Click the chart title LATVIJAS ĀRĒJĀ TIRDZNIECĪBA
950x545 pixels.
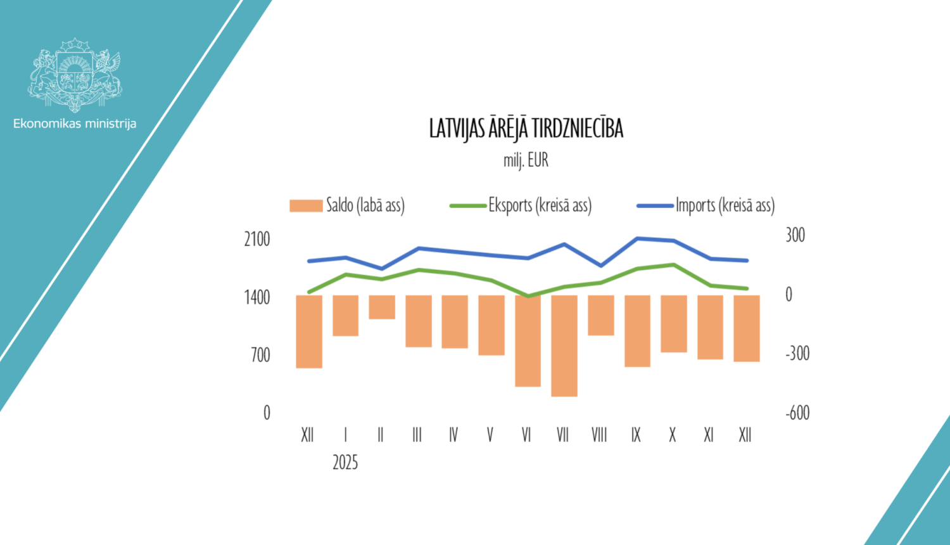tap(526, 129)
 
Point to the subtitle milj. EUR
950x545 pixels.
tap(526, 160)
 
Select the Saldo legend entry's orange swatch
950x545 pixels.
tap(306, 206)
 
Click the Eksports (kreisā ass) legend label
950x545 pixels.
tap(540, 205)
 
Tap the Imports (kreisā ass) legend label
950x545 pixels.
tap(725, 205)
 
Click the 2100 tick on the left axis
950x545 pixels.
tap(257, 240)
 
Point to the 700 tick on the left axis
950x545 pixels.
tap(260, 355)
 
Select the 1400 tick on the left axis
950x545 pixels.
tap(257, 297)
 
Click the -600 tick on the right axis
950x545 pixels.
tap(797, 413)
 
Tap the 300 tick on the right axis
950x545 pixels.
tap(795, 235)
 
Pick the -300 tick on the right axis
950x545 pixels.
tap(797, 354)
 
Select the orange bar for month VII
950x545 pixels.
tap(564, 345)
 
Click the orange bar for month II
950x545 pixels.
tap(382, 307)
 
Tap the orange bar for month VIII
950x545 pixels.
tap(600, 315)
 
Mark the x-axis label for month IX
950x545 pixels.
tap(636, 435)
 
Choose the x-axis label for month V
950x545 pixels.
tap(490, 435)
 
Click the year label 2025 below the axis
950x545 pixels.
tap(345, 463)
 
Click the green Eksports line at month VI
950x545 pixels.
tap(528, 296)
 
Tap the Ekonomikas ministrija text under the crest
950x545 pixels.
tap(75, 124)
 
